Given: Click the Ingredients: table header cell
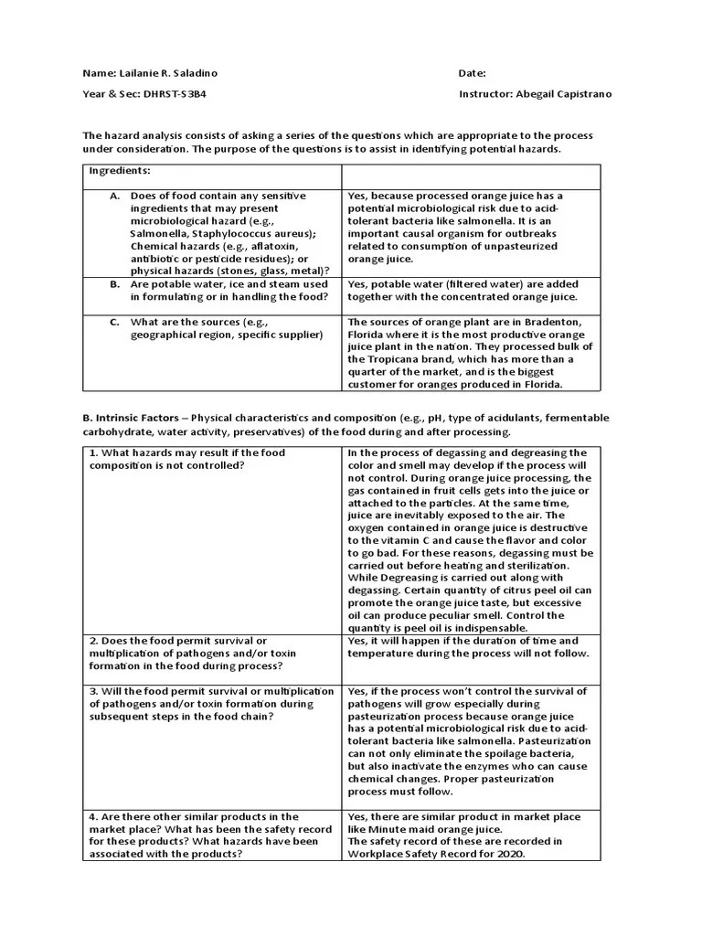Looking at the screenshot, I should [x=120, y=171].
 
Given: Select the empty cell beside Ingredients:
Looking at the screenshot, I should [x=472, y=175].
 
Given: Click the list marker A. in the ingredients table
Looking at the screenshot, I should [x=114, y=197].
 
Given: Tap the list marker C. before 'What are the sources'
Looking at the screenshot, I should [x=114, y=322].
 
